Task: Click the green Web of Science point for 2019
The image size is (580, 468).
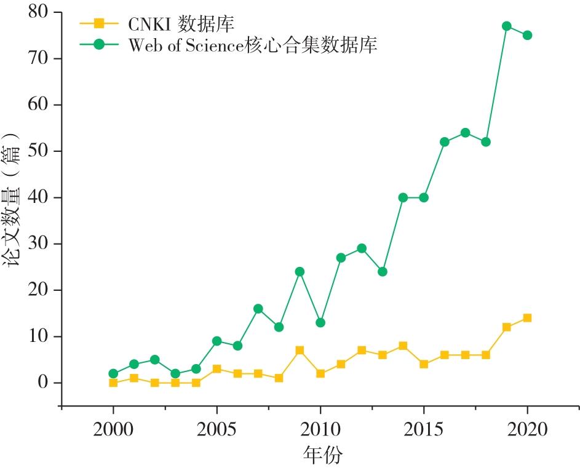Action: pyautogui.click(x=506, y=26)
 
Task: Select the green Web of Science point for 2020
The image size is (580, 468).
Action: pyautogui.click(x=527, y=36)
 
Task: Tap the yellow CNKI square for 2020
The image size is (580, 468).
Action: pyautogui.click(x=527, y=318)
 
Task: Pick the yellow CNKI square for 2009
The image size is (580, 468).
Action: pyautogui.click(x=300, y=351)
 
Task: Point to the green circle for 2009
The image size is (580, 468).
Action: pyautogui.click(x=300, y=272)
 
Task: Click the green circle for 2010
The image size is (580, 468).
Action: pyautogui.click(x=320, y=322)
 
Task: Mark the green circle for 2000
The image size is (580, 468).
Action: pyautogui.click(x=113, y=373)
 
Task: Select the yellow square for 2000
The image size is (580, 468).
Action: pyautogui.click(x=113, y=383)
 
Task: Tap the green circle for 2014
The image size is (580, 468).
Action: pyautogui.click(x=403, y=197)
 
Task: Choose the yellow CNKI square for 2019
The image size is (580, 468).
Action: pyautogui.click(x=506, y=327)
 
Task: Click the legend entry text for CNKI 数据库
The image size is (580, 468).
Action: pyautogui.click(x=181, y=25)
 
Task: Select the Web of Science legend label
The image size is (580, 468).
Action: pyautogui.click(x=252, y=46)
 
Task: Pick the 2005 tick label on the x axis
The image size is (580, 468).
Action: pyautogui.click(x=217, y=429)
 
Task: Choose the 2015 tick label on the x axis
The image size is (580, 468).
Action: pyautogui.click(x=424, y=429)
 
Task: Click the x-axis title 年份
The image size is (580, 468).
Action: pyautogui.click(x=322, y=455)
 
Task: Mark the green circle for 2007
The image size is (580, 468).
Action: pyautogui.click(x=258, y=309)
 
